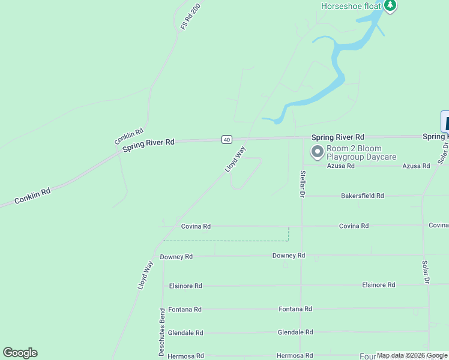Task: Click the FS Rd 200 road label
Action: click(190, 17)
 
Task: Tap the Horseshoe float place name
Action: click(351, 6)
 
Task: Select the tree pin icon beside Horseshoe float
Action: click(391, 6)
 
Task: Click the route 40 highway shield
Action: click(226, 139)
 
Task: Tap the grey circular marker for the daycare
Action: click(316, 151)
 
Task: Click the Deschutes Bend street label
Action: click(162, 332)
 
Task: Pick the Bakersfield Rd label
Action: click(362, 196)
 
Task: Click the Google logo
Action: click(20, 353)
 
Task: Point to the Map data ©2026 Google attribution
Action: click(412, 356)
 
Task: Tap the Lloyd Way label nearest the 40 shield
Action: click(235, 160)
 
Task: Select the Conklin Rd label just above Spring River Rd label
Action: click(129, 136)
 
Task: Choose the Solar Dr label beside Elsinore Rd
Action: click(425, 272)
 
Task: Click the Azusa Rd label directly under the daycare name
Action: click(341, 166)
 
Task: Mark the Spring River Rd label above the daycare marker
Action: click(337, 137)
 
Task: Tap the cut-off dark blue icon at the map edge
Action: click(445, 121)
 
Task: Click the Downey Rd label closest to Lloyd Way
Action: click(176, 256)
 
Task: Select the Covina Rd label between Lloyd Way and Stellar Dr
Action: click(196, 226)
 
